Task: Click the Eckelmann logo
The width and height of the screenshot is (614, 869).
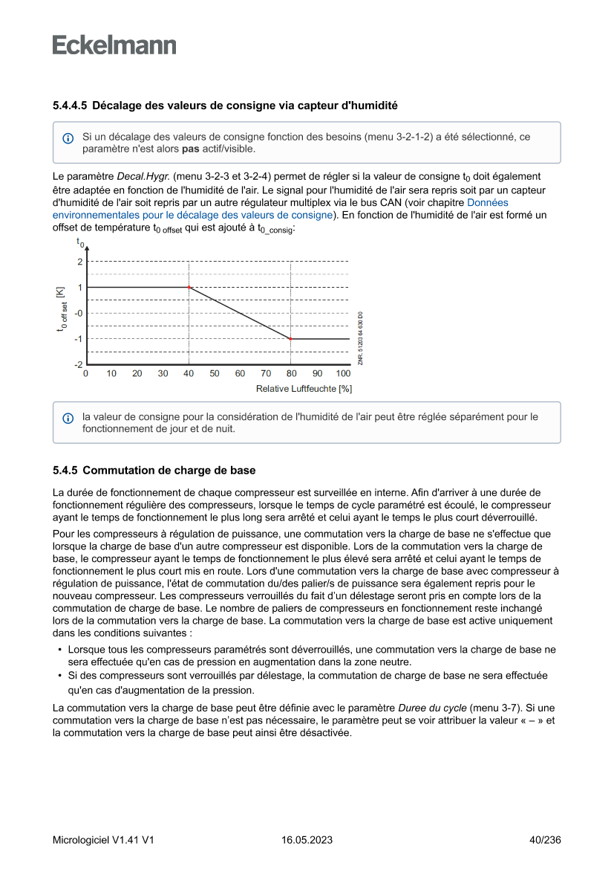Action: pyautogui.click(x=114, y=45)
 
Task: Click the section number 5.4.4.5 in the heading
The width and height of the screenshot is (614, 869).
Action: pyautogui.click(x=70, y=106)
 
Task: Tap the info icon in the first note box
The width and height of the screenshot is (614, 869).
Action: pyautogui.click(x=68, y=139)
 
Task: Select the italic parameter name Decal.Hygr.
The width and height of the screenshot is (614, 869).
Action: pyautogui.click(x=143, y=177)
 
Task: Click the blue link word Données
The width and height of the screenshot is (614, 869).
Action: pyautogui.click(x=488, y=202)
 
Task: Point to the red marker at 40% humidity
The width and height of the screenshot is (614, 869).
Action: pyautogui.click(x=189, y=287)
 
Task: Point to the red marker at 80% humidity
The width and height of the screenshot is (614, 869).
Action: pyautogui.click(x=290, y=338)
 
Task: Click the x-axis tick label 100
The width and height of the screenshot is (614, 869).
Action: pyautogui.click(x=343, y=373)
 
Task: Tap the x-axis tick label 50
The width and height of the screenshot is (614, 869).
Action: pyautogui.click(x=214, y=373)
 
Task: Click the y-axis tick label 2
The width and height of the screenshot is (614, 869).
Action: pyautogui.click(x=79, y=262)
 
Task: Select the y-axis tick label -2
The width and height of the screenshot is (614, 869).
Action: pyautogui.click(x=78, y=364)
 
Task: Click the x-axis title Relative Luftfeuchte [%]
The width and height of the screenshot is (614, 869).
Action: pyautogui.click(x=304, y=388)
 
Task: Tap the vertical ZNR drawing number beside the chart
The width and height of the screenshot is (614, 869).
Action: pyautogui.click(x=360, y=337)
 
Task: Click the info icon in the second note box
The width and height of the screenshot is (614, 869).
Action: pyautogui.click(x=68, y=419)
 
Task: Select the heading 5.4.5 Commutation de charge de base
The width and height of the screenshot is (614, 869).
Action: pyautogui.click(x=154, y=471)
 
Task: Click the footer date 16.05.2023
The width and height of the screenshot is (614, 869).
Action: pyautogui.click(x=307, y=840)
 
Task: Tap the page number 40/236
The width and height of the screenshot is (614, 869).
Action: pyautogui.click(x=544, y=840)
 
